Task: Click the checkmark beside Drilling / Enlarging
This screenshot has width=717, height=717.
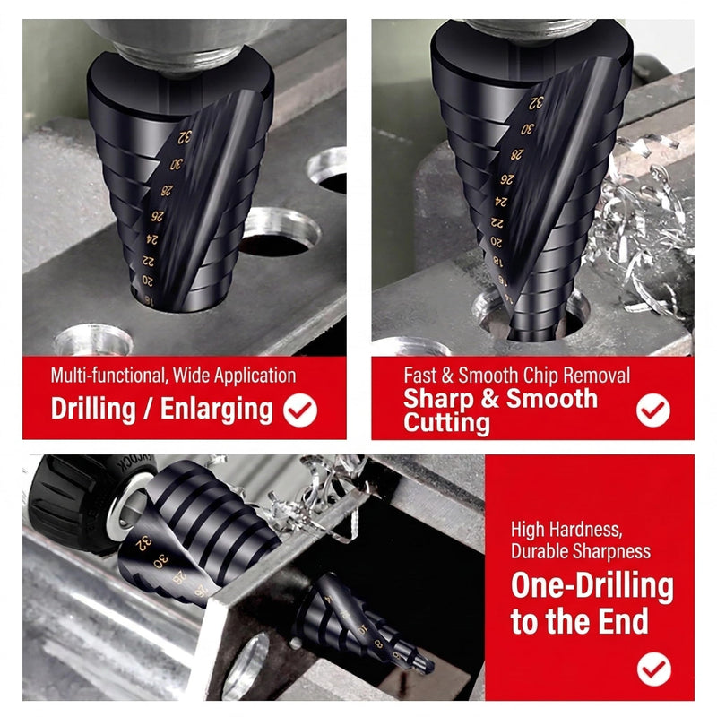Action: [300, 410]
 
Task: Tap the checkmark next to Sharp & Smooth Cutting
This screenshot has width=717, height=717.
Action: [653, 410]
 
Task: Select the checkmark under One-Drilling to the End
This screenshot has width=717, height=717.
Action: [654, 669]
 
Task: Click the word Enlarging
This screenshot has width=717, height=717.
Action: [217, 410]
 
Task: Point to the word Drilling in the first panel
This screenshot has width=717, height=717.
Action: [93, 409]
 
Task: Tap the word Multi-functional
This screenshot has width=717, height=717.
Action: [108, 376]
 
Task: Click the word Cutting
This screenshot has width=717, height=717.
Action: [446, 422]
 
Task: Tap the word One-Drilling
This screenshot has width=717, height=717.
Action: [592, 586]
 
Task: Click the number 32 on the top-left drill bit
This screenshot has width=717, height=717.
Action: [185, 137]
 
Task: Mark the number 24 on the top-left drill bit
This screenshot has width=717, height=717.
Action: [152, 238]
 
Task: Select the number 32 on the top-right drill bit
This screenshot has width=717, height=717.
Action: [536, 103]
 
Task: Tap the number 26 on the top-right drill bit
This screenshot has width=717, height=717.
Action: [506, 178]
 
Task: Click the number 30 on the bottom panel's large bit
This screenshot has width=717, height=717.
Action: [161, 561]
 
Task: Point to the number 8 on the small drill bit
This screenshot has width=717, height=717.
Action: [378, 644]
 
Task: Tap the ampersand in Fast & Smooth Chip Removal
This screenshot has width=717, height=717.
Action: [446, 376]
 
